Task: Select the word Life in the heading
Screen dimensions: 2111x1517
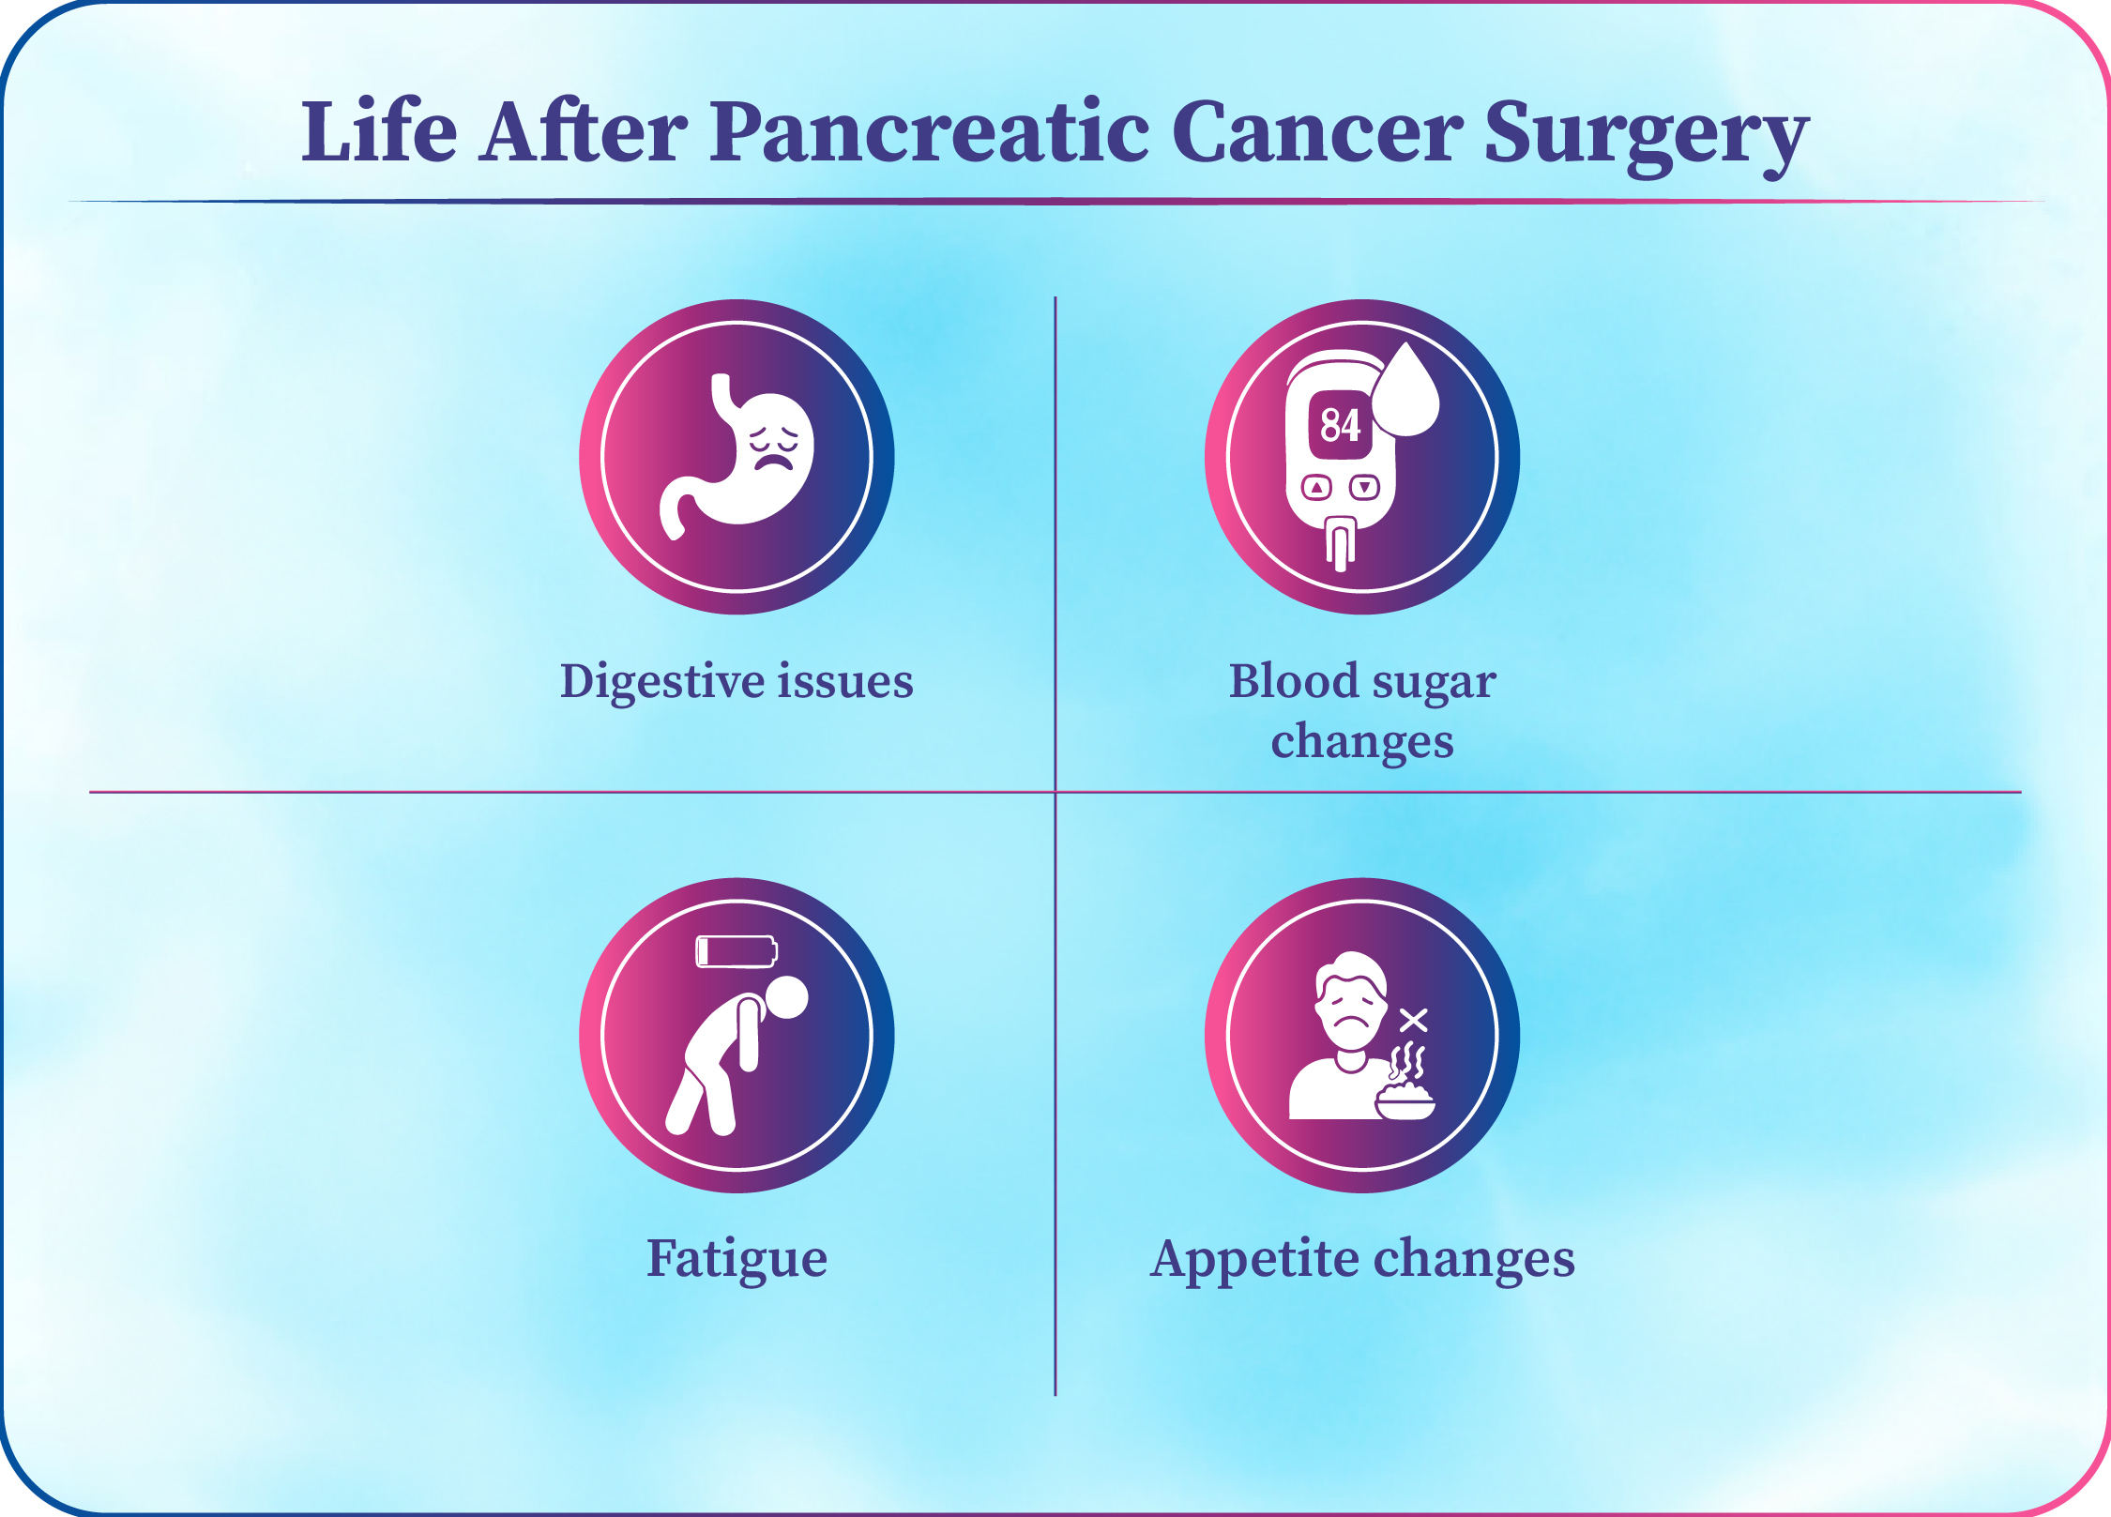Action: [x=379, y=130]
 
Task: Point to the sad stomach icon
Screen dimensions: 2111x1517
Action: [x=737, y=455]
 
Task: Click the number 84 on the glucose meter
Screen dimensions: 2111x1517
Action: [x=1340, y=425]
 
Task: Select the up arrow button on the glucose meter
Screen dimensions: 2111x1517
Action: [x=1316, y=487]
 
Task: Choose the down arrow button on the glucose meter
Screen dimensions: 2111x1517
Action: [x=1364, y=487]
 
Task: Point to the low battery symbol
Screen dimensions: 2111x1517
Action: [x=737, y=951]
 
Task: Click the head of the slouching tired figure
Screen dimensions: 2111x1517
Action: [x=786, y=997]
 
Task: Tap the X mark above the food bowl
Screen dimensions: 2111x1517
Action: [x=1414, y=1020]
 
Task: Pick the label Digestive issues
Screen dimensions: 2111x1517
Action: [x=737, y=682]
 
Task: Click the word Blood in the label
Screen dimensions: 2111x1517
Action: [x=1294, y=680]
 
